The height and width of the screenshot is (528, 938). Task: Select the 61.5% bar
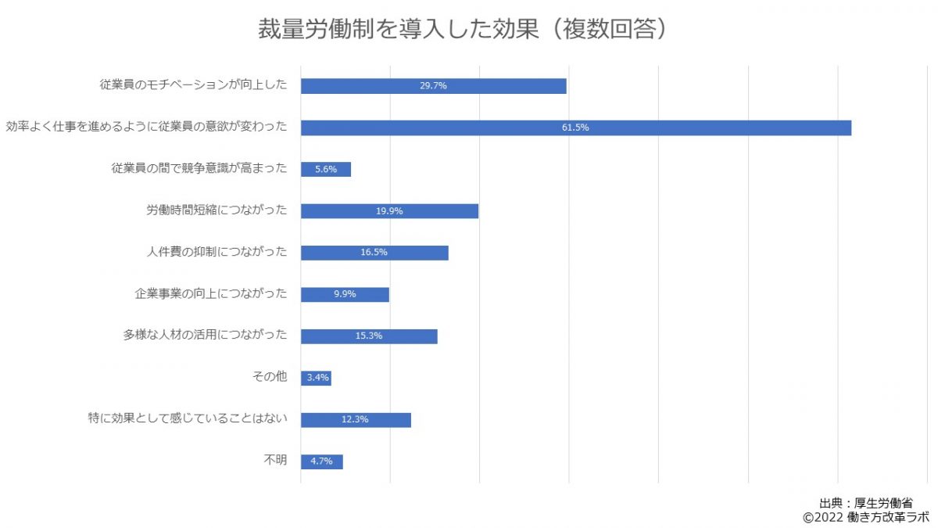click(x=575, y=128)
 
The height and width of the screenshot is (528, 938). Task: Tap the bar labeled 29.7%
click(x=433, y=86)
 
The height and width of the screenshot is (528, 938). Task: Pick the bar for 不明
click(x=321, y=462)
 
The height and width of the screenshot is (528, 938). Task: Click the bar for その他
click(x=316, y=379)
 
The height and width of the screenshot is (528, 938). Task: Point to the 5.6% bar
click(x=325, y=169)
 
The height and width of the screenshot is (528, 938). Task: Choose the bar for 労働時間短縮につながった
click(x=389, y=211)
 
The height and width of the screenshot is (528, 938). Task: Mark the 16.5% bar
click(x=374, y=253)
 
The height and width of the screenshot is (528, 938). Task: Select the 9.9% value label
click(x=344, y=295)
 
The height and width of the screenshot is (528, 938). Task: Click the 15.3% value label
click(x=368, y=336)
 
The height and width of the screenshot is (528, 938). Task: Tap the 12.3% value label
click(x=355, y=420)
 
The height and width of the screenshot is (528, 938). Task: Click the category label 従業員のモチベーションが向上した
click(x=193, y=84)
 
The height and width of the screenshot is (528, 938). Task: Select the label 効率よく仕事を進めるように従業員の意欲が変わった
click(x=146, y=127)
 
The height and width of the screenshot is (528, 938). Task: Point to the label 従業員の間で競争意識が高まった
click(x=199, y=168)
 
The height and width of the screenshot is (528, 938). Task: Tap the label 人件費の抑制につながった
click(x=217, y=252)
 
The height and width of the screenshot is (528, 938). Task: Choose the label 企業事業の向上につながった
click(x=211, y=294)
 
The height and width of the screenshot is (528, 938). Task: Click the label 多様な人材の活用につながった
click(x=205, y=336)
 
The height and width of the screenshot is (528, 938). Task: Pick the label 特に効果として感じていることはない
click(x=188, y=419)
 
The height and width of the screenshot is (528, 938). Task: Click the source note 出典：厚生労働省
click(x=866, y=503)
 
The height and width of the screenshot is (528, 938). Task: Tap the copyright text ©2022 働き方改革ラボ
click(x=865, y=517)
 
